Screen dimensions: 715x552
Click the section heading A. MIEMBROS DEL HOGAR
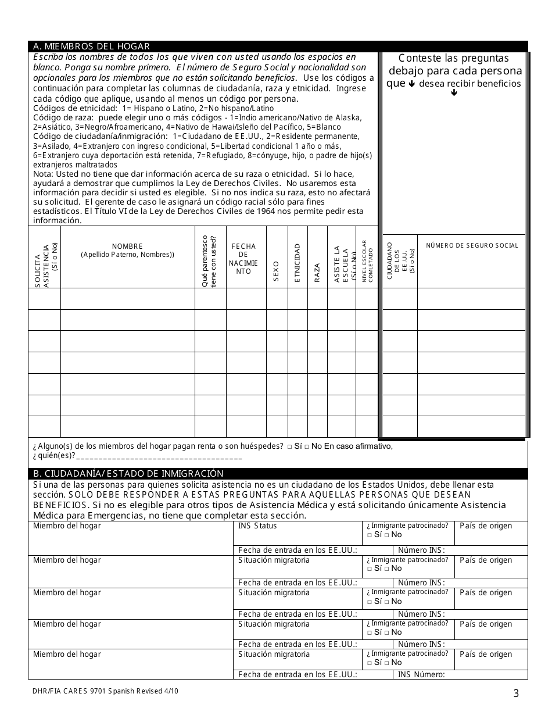point(91,47)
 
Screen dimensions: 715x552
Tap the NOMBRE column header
point(127,250)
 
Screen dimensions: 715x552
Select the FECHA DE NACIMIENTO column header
point(243,259)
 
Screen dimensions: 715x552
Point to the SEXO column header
point(277,271)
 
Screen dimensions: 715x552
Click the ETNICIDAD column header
point(297,263)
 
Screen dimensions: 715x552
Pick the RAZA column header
point(317,272)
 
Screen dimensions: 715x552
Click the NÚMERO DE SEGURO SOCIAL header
point(472,245)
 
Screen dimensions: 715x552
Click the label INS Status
point(257,526)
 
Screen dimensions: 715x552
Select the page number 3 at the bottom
point(516,692)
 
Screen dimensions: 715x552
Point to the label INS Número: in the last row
point(421,675)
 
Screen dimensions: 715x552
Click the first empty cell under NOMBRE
point(127,299)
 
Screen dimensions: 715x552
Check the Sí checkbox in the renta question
point(290,446)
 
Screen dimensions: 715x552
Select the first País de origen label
point(486,526)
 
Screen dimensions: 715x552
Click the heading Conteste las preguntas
point(454,58)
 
